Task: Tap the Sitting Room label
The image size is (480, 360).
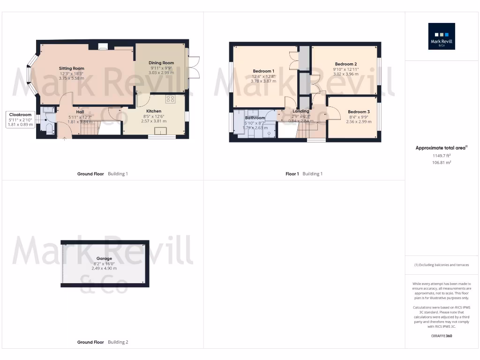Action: click(x=71, y=68)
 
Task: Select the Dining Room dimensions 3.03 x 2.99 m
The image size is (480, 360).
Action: click(x=161, y=73)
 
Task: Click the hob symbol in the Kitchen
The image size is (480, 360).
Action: click(x=170, y=99)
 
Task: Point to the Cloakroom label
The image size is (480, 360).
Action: click(x=20, y=114)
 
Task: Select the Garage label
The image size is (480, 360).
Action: click(x=104, y=258)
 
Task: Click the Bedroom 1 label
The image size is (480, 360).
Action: click(x=263, y=71)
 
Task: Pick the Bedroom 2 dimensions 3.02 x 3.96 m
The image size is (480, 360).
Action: click(x=345, y=74)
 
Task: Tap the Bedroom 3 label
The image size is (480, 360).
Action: click(x=359, y=112)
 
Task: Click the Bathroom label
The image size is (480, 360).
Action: click(x=255, y=118)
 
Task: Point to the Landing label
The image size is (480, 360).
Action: click(x=300, y=111)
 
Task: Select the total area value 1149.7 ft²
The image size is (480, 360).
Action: click(x=442, y=155)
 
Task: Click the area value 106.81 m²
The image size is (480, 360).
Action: click(x=442, y=162)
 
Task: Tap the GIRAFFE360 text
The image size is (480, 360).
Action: click(x=442, y=336)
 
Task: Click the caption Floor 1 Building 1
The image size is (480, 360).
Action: click(x=304, y=174)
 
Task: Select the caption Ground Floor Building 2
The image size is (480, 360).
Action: click(x=102, y=342)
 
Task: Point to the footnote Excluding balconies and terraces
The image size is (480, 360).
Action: click(x=442, y=265)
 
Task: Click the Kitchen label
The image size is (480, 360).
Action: click(x=154, y=111)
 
